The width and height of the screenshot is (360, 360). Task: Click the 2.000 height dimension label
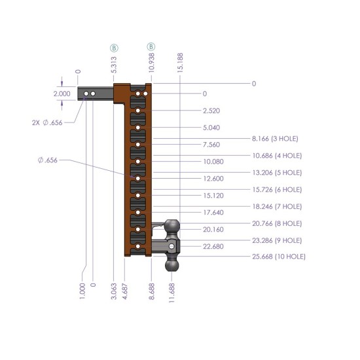point(62,94)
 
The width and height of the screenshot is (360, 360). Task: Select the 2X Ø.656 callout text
point(47,122)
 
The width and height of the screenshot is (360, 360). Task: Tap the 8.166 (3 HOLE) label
point(275,139)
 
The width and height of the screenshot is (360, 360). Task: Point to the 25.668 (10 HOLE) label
point(279,257)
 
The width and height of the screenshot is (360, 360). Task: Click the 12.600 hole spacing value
point(213,179)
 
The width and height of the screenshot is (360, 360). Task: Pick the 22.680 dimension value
point(213,246)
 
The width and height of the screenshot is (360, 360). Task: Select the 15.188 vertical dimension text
point(180,63)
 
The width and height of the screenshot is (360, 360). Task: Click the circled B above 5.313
point(114,48)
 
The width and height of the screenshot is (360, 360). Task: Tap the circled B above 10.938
point(151,46)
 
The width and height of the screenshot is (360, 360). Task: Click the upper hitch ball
point(172,226)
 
